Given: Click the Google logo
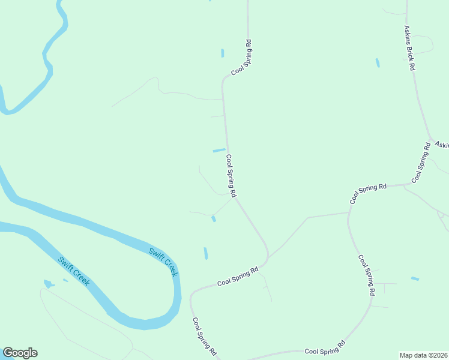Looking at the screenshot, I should tap(20, 353).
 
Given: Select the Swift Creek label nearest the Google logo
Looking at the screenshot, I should tap(74, 271).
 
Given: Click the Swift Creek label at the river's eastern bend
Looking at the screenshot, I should tap(163, 262).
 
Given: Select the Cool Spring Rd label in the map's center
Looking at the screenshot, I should tap(231, 175).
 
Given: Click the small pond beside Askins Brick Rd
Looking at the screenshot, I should tap(378, 62).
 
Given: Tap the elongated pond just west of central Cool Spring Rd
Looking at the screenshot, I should tap(219, 150).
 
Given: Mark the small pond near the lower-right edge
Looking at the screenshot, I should tap(415, 278).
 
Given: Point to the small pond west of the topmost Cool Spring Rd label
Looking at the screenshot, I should tap(223, 53).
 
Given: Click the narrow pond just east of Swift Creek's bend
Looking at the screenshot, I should tap(206, 253).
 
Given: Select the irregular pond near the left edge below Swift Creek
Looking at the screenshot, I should tap(48, 283).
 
